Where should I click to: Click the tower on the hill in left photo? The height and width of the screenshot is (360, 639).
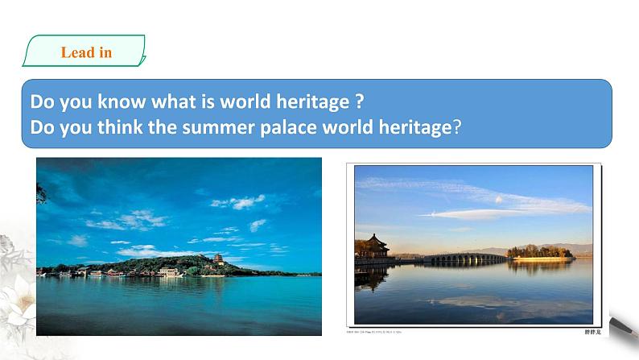218,259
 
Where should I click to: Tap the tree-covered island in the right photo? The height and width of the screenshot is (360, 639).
540,253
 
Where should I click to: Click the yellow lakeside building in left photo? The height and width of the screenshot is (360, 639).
170,273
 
